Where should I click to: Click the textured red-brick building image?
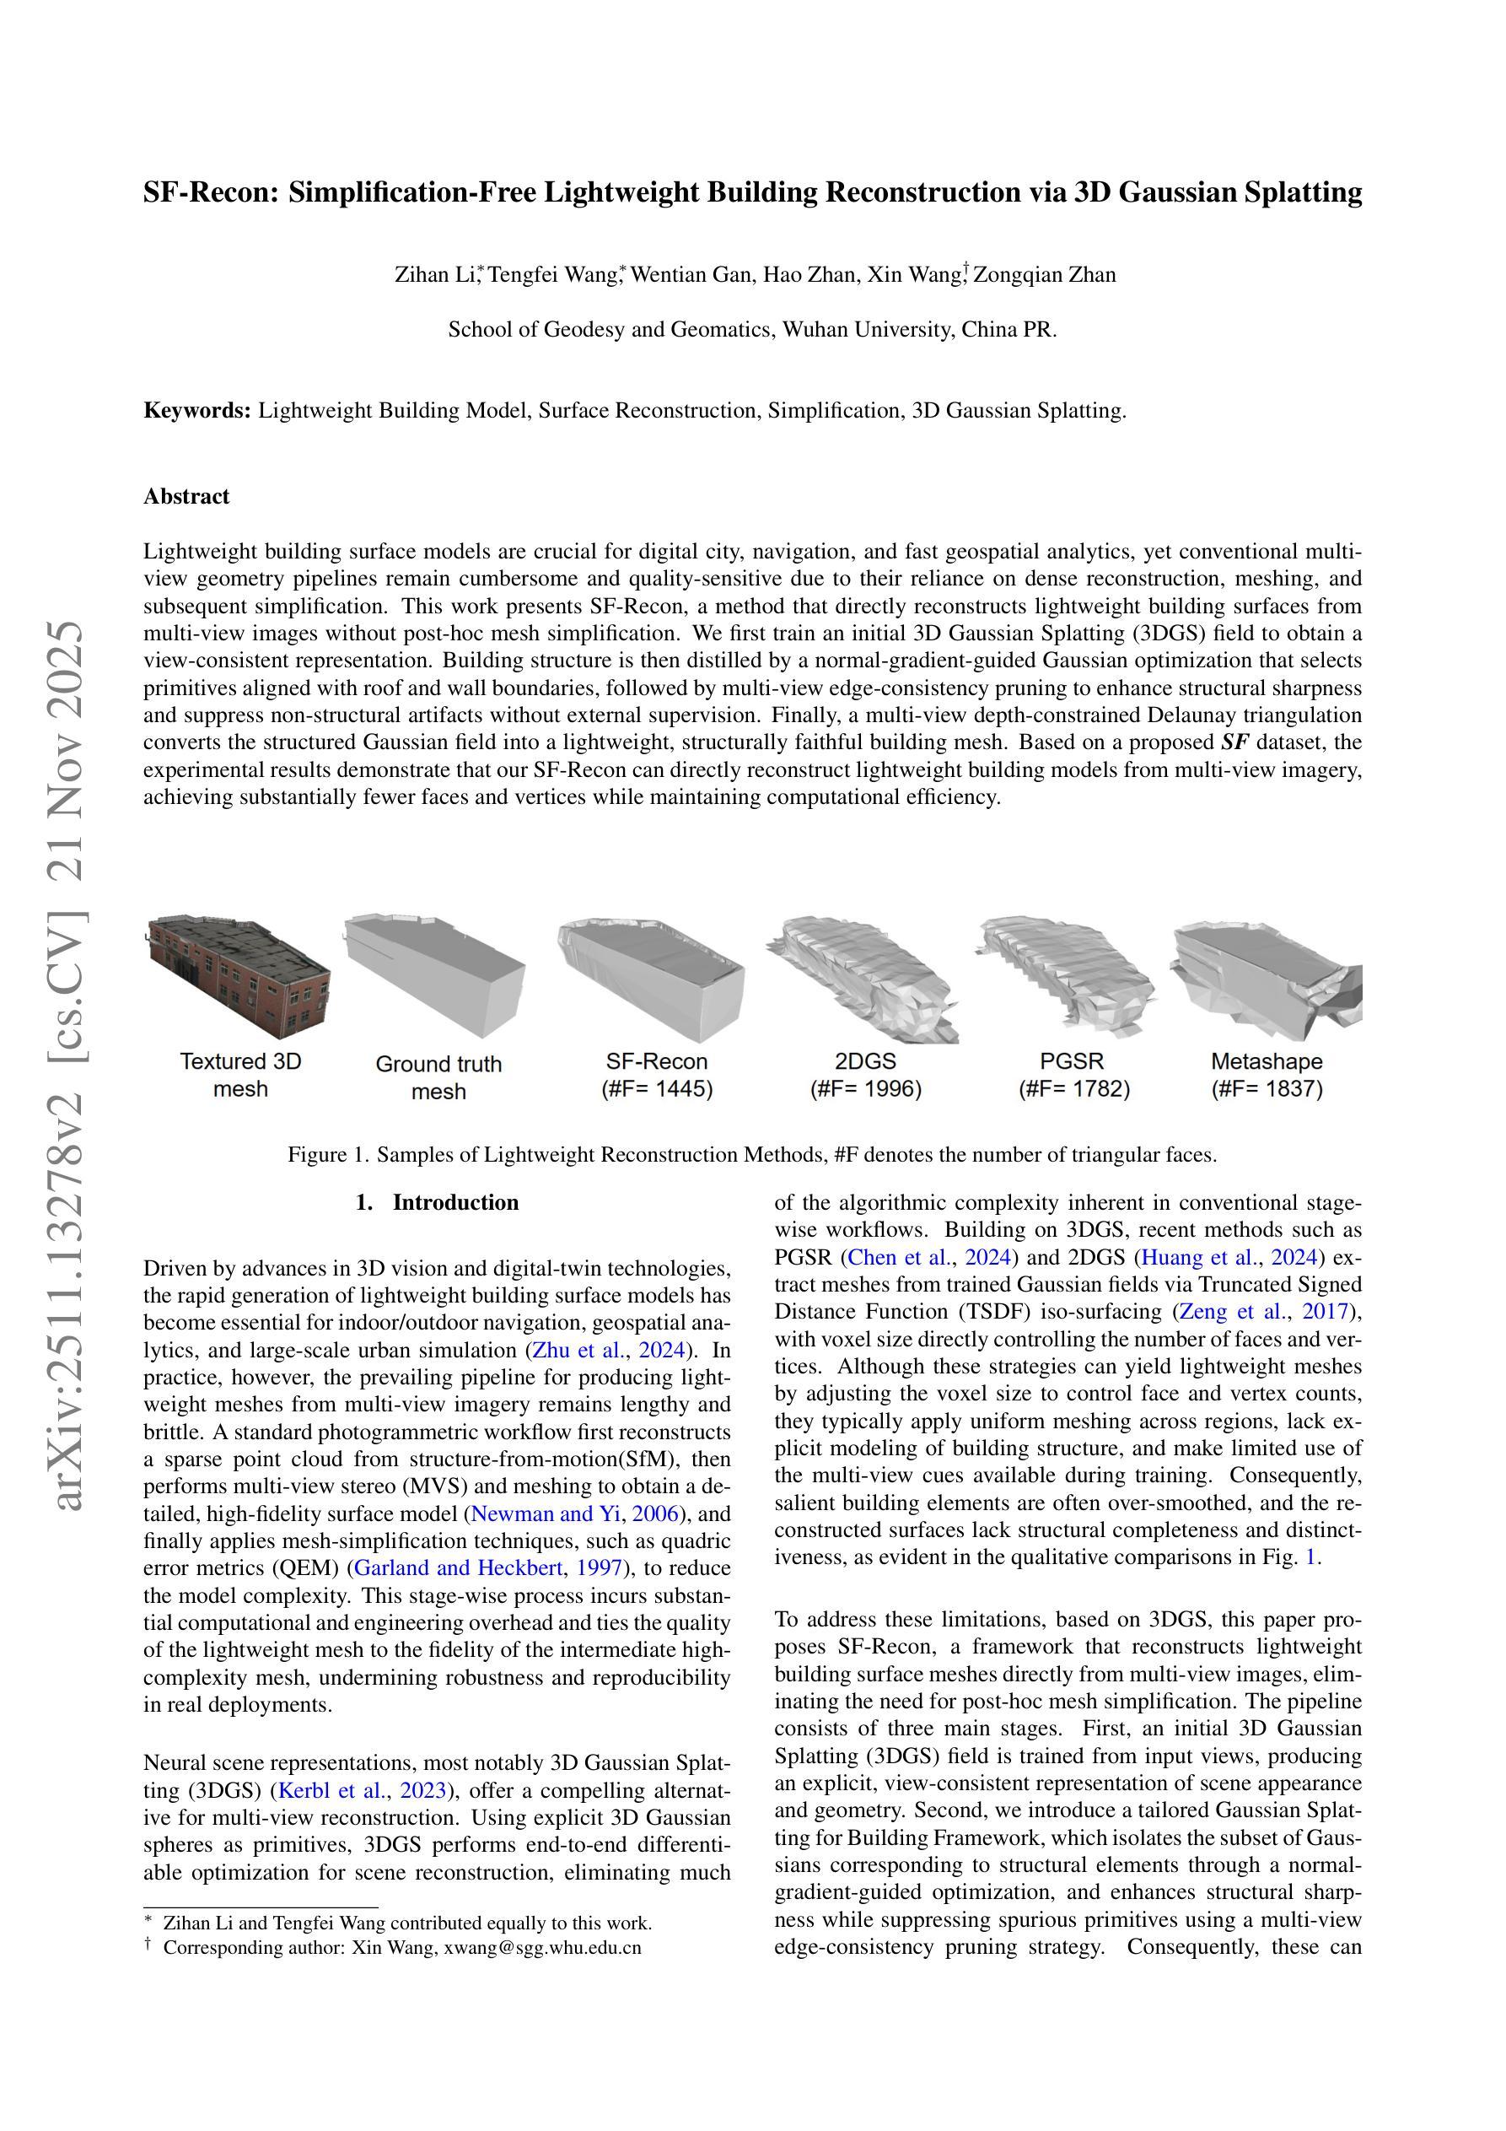click(x=239, y=975)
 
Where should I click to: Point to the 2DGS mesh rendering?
click(x=863, y=979)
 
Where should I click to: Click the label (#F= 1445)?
click(x=657, y=1089)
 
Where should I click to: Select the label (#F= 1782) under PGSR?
click(x=1073, y=1089)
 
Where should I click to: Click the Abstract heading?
click(x=186, y=497)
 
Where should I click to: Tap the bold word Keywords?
click(x=197, y=411)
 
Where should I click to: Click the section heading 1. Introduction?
click(x=437, y=1203)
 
